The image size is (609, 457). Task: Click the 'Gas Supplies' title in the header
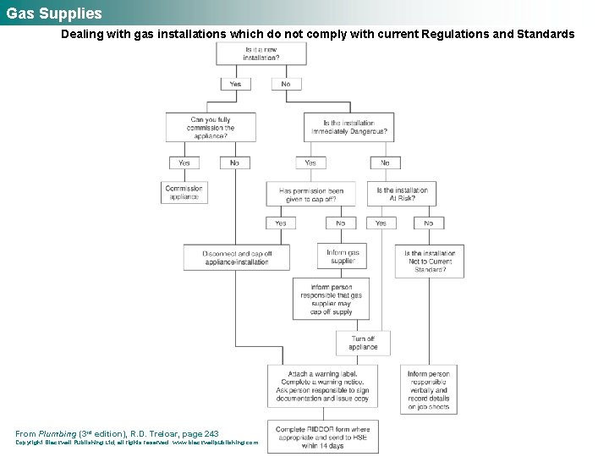tap(53, 14)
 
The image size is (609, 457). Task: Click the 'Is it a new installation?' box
tap(261, 54)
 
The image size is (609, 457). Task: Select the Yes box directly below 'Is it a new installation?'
tap(235, 84)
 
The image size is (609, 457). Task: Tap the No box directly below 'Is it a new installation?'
tap(285, 84)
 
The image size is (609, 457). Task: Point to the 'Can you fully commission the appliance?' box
tap(211, 128)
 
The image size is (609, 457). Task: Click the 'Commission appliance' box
tap(184, 193)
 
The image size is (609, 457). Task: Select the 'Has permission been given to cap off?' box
tap(310, 195)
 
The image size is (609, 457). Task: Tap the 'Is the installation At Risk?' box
tap(402, 195)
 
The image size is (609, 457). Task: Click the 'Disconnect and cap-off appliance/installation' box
tap(236, 258)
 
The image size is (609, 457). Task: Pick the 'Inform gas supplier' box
tap(343, 256)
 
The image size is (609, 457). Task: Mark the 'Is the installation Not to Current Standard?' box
tap(429, 262)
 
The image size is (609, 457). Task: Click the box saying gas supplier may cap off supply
tap(331, 300)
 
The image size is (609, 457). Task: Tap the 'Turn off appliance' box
tap(363, 343)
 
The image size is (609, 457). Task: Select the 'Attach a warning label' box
tap(321, 386)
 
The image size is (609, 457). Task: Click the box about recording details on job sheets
tap(429, 389)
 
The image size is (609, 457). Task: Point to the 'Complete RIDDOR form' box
tap(321, 437)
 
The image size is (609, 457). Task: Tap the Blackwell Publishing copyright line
tap(136, 443)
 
